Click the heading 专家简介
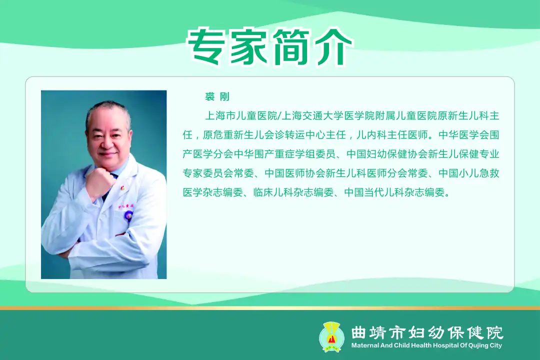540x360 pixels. [x=270, y=47]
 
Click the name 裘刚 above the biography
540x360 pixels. [x=217, y=97]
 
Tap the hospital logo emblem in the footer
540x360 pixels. [x=331, y=336]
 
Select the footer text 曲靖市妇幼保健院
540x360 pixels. [x=427, y=332]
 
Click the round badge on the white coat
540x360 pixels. [x=128, y=216]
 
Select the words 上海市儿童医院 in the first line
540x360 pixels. [x=241, y=116]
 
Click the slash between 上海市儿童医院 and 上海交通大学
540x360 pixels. [x=279, y=116]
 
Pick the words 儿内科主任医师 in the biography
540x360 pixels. [x=392, y=134]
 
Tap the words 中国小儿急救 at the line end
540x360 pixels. [x=468, y=173]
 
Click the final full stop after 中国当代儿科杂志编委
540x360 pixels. [x=447, y=194]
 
